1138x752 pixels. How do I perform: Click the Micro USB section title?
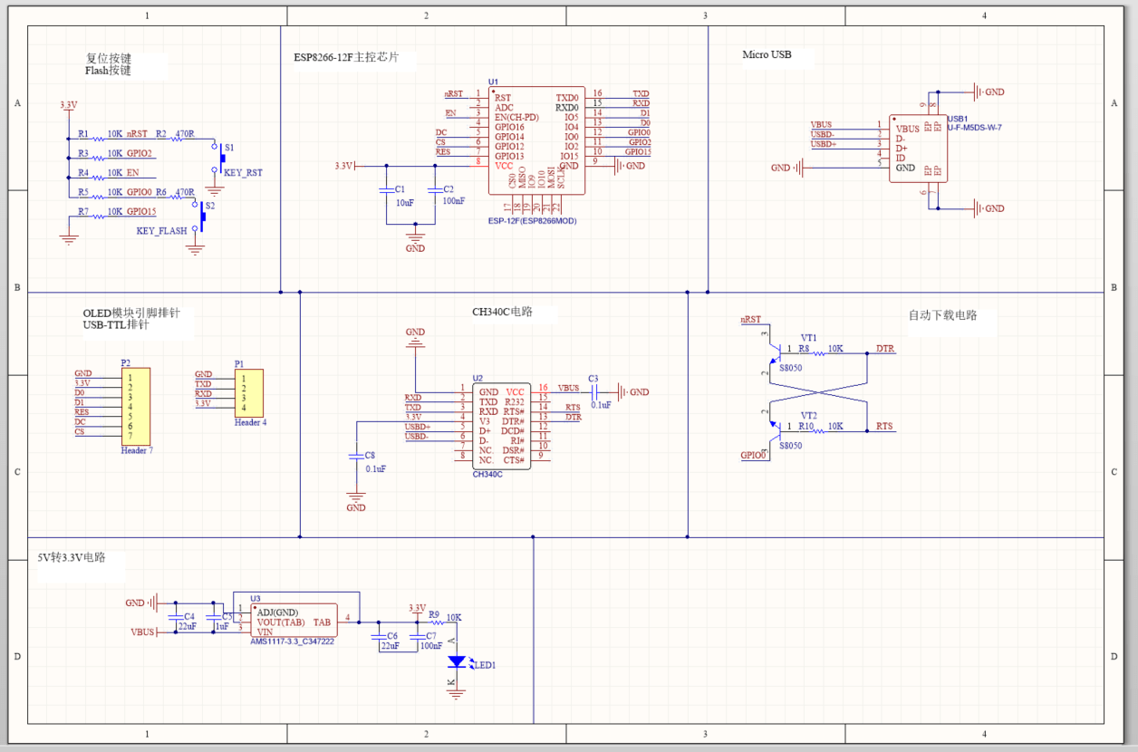pyautogui.click(x=767, y=54)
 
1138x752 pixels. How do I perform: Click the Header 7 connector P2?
pyautogui.click(x=136, y=406)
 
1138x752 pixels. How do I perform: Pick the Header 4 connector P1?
pyautogui.click(x=249, y=391)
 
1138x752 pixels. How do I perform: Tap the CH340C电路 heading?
pyautogui.click(x=502, y=312)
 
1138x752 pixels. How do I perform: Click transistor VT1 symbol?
pyautogui.click(x=773, y=352)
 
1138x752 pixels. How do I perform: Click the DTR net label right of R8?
pyautogui.click(x=884, y=349)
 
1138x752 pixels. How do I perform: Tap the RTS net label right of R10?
pyautogui.click(x=883, y=426)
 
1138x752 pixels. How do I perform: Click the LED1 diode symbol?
pyautogui.click(x=457, y=662)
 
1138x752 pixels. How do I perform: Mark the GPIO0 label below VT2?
pyautogui.click(x=754, y=456)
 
